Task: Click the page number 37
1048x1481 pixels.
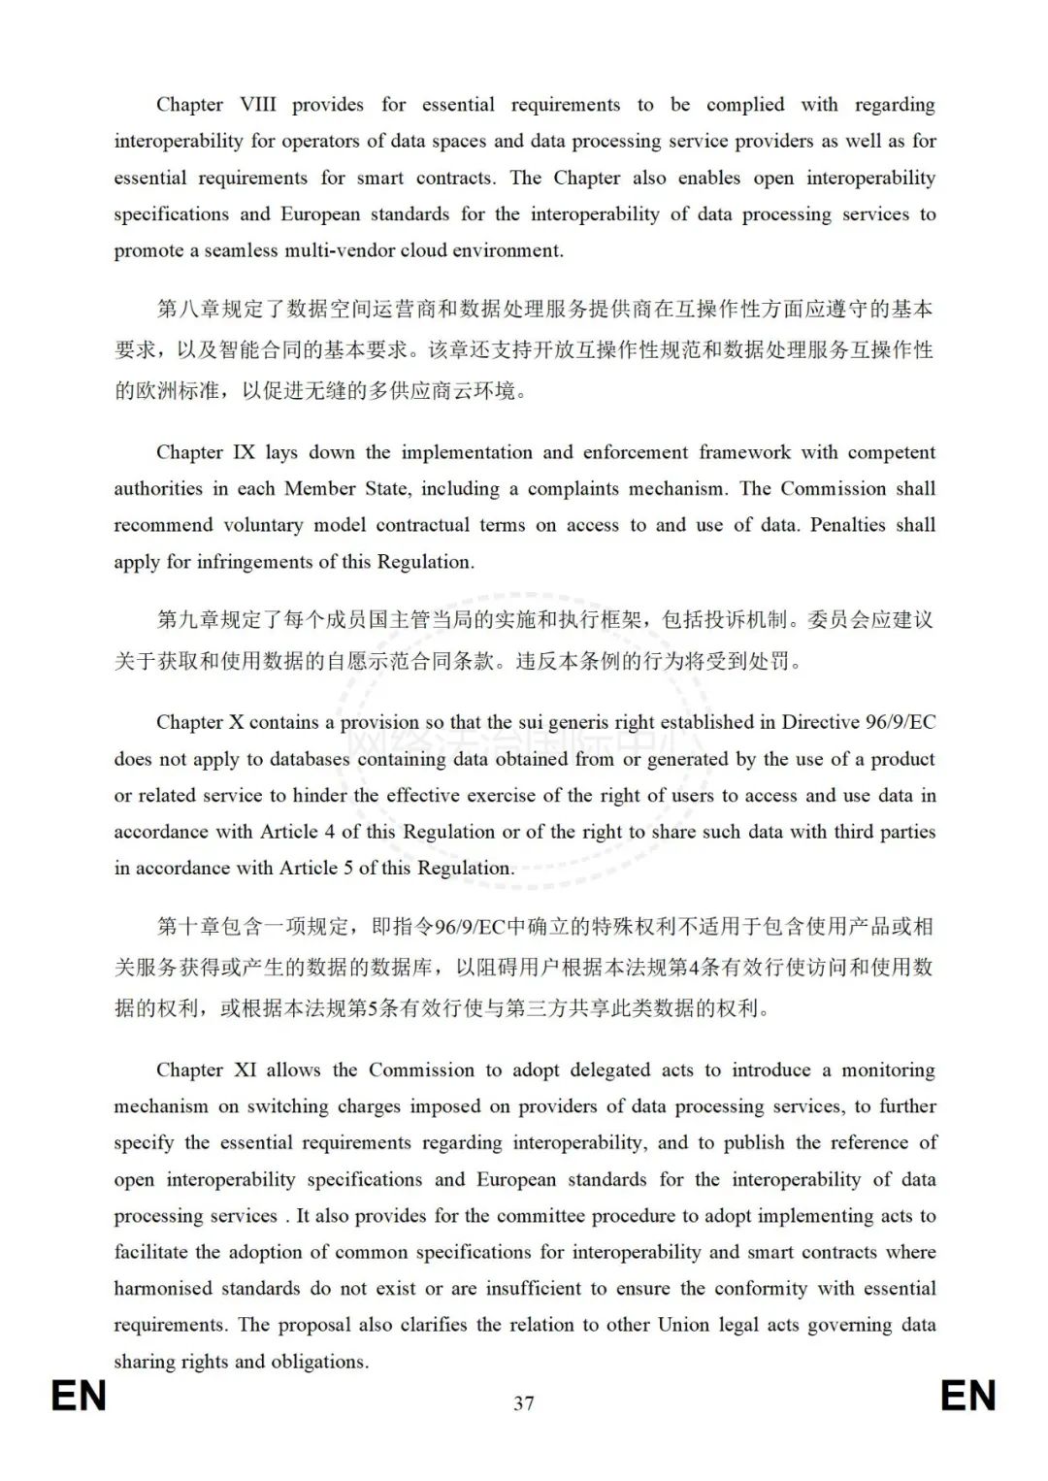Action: [x=524, y=1402]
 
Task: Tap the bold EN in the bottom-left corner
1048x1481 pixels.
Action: [x=79, y=1397]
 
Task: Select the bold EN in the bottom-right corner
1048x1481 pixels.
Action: [x=968, y=1397]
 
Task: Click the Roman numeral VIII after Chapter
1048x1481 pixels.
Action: [x=258, y=105]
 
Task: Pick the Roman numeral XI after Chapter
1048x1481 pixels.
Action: [x=245, y=1070]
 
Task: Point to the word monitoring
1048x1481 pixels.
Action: [x=888, y=1070]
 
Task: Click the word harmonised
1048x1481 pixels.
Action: [x=159, y=1289]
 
